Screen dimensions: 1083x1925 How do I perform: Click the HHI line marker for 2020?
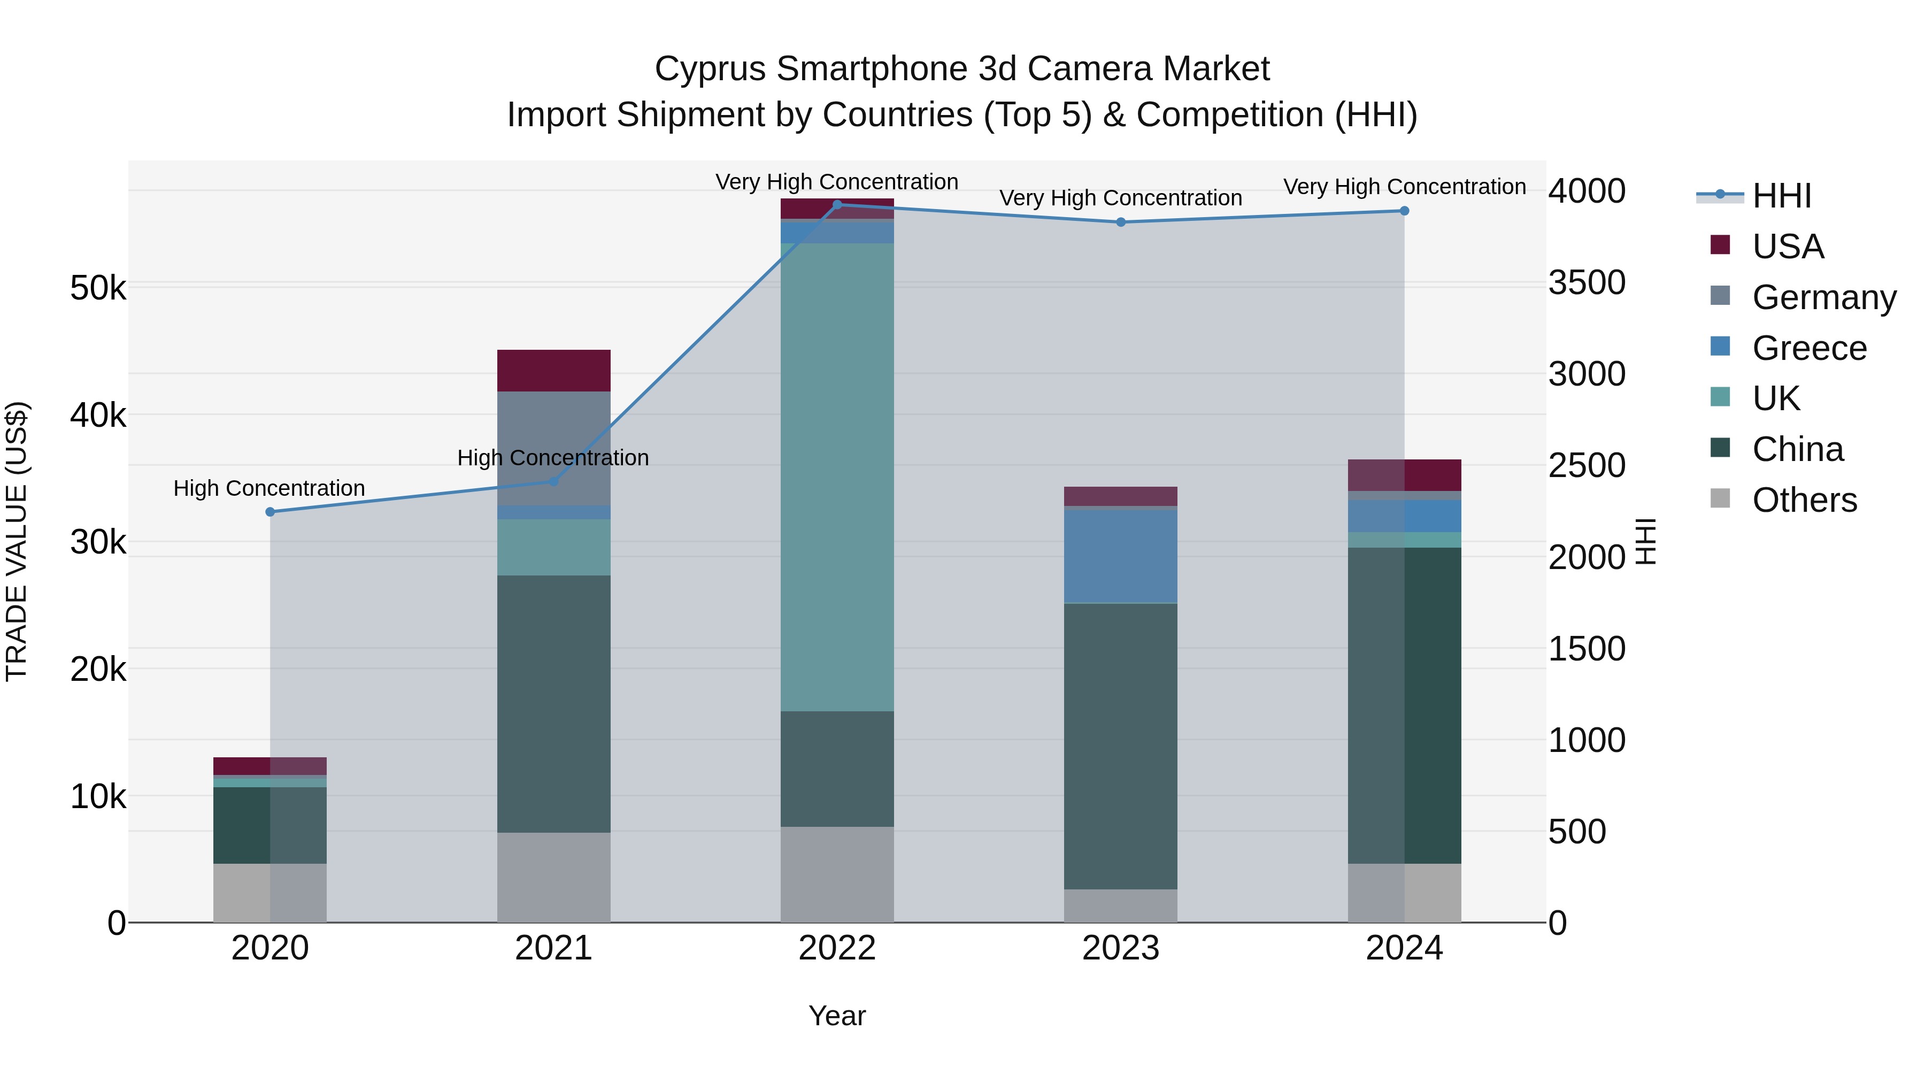pos(271,512)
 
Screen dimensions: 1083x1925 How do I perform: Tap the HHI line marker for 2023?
pos(1121,222)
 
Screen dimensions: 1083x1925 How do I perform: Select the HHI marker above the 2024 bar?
pos(1404,211)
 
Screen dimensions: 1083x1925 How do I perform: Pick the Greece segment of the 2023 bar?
pos(1121,555)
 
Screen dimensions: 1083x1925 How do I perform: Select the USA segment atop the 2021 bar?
pos(554,370)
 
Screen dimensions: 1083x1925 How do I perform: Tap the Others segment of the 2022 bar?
pos(837,874)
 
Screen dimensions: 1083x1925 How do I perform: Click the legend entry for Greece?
pos(1808,348)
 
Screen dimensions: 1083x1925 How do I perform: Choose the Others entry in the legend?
pos(1804,500)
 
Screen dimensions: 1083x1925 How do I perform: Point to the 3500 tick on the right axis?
pos(1587,282)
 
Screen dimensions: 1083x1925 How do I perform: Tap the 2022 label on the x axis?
pos(837,948)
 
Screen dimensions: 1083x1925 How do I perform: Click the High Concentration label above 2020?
pos(269,488)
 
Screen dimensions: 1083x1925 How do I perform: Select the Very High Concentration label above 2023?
pos(1121,198)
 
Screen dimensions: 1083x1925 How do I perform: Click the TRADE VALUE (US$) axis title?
pos(17,541)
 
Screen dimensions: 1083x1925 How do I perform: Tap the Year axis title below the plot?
pos(837,1016)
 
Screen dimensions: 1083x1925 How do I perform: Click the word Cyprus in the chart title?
pos(710,69)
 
